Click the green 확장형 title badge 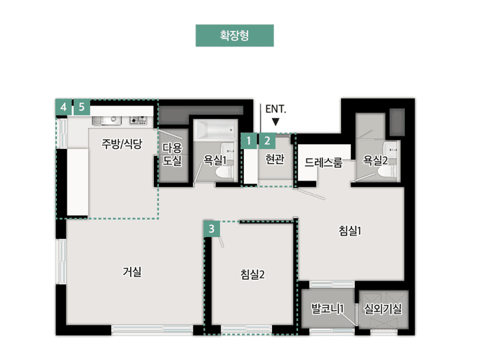[x=234, y=35]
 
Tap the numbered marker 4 [x=64, y=107]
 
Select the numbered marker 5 [x=82, y=107]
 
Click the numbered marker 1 [x=250, y=141]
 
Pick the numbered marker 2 [x=267, y=141]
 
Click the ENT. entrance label [x=276, y=110]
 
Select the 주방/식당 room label [x=122, y=145]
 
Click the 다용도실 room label [x=172, y=154]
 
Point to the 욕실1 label [x=214, y=161]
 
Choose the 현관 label [x=275, y=160]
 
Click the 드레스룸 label [x=323, y=162]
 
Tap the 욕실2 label [x=376, y=161]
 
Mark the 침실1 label [x=349, y=231]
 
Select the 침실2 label [x=252, y=274]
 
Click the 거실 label [x=132, y=272]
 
